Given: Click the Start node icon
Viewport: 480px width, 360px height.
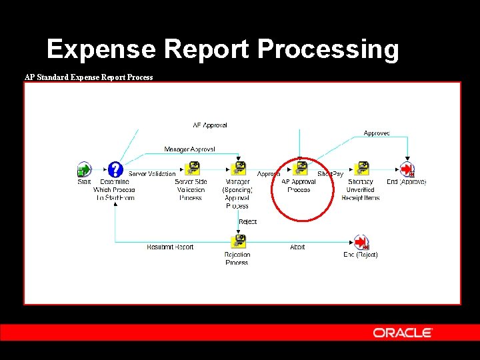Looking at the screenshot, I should (84, 169).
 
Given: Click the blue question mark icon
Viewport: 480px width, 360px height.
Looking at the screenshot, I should (115, 169).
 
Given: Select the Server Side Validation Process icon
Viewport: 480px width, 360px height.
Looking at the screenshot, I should (191, 169).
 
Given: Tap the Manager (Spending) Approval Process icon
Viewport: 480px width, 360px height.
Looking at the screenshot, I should (237, 169).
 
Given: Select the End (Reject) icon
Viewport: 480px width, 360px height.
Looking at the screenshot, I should (361, 241).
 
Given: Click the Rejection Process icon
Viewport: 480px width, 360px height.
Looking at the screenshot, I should (237, 241).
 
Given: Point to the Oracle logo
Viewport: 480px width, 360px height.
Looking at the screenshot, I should (403, 333).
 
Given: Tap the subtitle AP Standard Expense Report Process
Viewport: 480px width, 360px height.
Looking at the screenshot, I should (89, 77).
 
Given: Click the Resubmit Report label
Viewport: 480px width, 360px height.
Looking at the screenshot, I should (170, 247).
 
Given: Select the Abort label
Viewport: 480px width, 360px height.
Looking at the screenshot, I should (297, 247).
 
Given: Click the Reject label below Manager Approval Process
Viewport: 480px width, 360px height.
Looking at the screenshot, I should (247, 221).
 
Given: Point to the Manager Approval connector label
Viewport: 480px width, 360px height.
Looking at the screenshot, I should (189, 149).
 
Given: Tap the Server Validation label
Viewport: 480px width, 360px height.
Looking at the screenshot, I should (152, 174).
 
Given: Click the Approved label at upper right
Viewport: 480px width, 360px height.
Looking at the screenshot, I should (377, 133).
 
